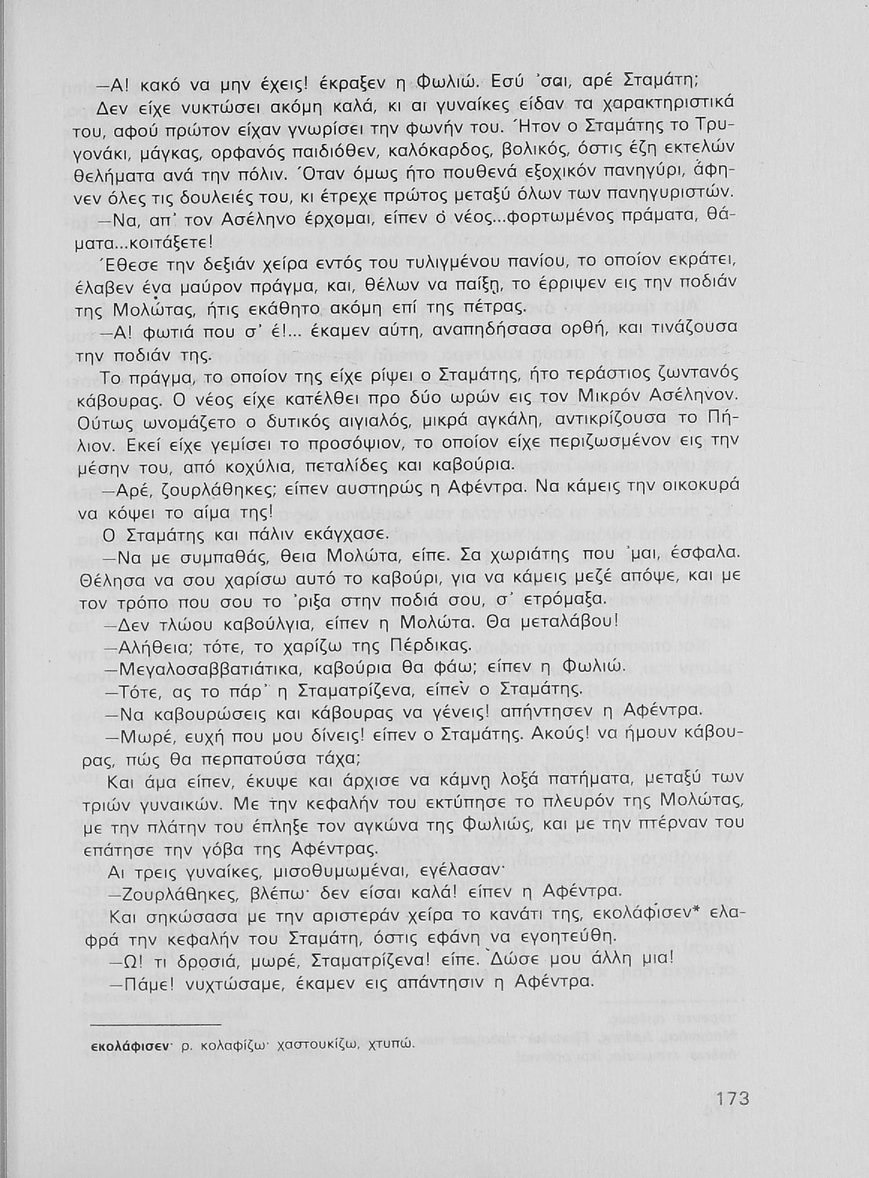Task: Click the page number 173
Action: pyautogui.click(x=732, y=1097)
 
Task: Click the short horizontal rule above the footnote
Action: pyautogui.click(x=157, y=1024)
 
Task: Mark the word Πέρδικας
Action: pyautogui.click(x=424, y=645)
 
